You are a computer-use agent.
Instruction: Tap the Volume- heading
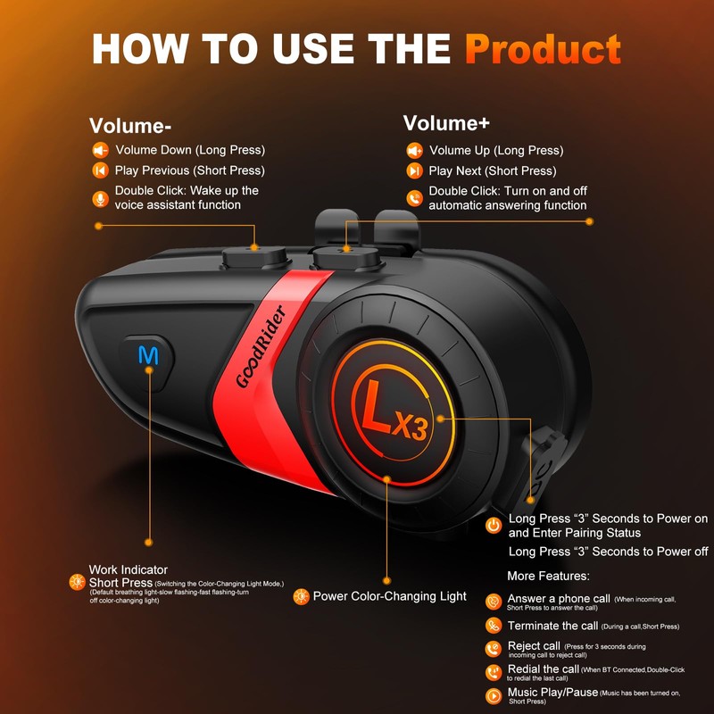[130, 125]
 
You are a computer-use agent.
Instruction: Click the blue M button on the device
[146, 355]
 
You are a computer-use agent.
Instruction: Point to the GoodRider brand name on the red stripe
[261, 346]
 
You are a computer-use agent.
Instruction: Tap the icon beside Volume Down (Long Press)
[99, 150]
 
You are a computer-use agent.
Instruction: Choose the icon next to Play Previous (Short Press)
[99, 170]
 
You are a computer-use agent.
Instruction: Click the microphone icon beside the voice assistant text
[99, 198]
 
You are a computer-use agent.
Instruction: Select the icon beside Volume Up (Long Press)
[414, 150]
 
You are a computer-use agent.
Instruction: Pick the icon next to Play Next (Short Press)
[414, 170]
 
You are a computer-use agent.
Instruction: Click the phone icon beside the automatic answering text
[414, 198]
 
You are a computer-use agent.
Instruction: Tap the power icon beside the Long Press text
[493, 526]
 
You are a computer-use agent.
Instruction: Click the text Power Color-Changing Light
[389, 596]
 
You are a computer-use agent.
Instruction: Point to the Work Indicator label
[129, 569]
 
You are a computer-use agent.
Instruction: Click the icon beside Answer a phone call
[493, 602]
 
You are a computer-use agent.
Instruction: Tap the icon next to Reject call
[493, 649]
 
